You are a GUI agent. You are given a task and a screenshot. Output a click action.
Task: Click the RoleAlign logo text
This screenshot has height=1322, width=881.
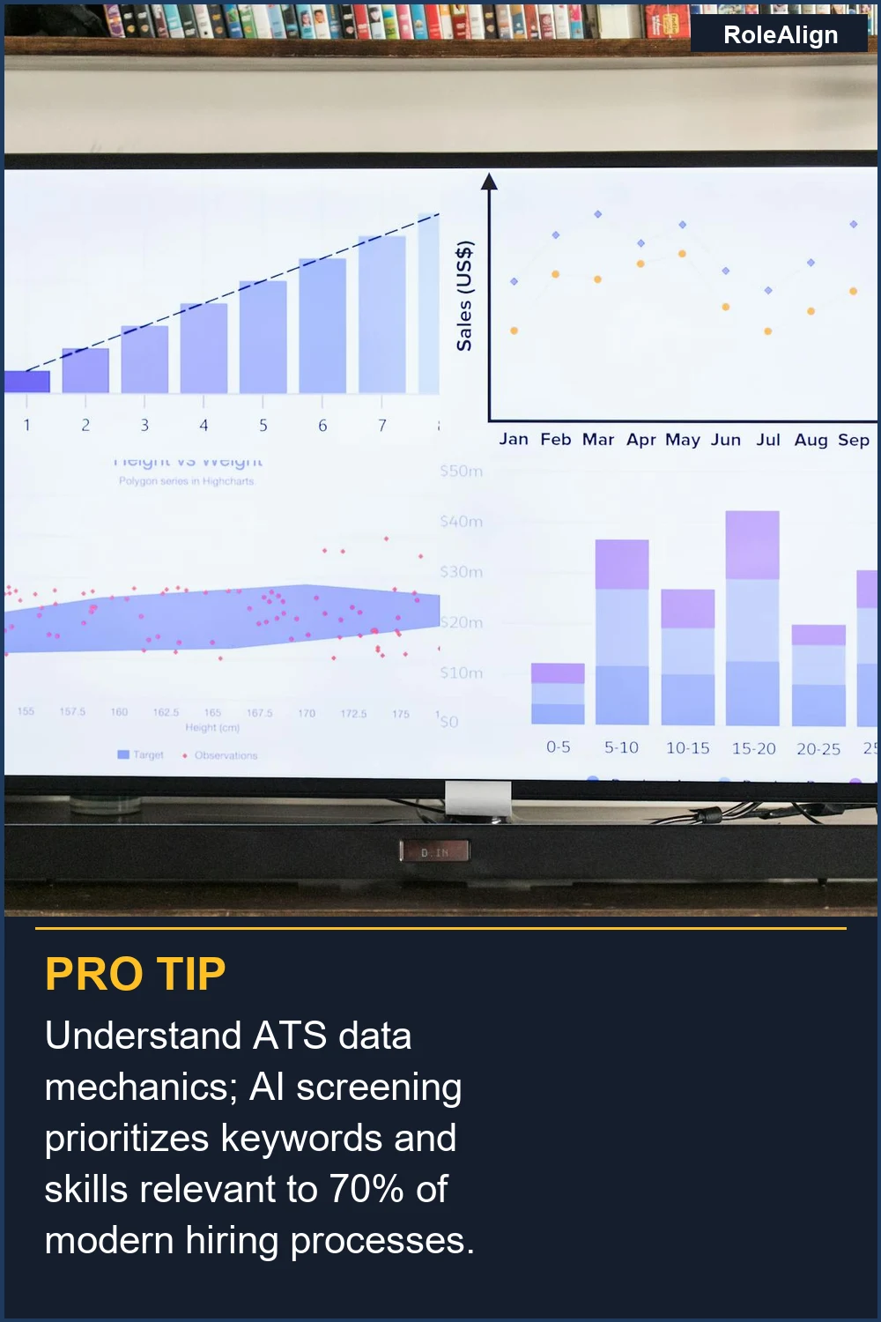[x=781, y=35]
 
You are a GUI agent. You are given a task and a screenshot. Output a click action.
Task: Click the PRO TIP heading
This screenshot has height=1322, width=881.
[x=136, y=974]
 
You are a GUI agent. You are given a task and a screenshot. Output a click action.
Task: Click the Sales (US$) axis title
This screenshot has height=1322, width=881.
[x=464, y=296]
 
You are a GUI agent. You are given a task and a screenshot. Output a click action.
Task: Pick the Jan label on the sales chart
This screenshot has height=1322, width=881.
[x=514, y=439]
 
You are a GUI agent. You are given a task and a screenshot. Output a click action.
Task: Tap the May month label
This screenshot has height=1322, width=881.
[x=683, y=439]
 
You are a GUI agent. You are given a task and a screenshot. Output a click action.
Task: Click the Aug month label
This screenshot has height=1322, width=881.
[x=811, y=439]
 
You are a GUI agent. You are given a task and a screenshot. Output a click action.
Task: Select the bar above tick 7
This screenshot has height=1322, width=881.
[x=382, y=315]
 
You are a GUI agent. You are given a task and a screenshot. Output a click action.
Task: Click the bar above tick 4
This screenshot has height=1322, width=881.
[x=204, y=348]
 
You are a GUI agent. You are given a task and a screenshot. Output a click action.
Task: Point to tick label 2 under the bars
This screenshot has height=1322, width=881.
[x=85, y=425]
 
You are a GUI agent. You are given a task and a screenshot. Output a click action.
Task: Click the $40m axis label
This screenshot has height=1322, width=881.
[x=462, y=522]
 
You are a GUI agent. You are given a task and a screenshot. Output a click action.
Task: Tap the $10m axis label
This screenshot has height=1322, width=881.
[x=462, y=673]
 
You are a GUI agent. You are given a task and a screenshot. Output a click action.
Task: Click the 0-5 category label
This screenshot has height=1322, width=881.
[x=558, y=747]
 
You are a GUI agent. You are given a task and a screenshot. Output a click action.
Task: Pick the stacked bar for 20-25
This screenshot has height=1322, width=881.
[x=818, y=675]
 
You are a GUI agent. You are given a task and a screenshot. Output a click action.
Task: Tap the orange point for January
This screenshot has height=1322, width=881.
[x=514, y=330]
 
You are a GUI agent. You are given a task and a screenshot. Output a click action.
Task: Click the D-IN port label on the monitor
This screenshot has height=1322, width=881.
[x=435, y=852]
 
